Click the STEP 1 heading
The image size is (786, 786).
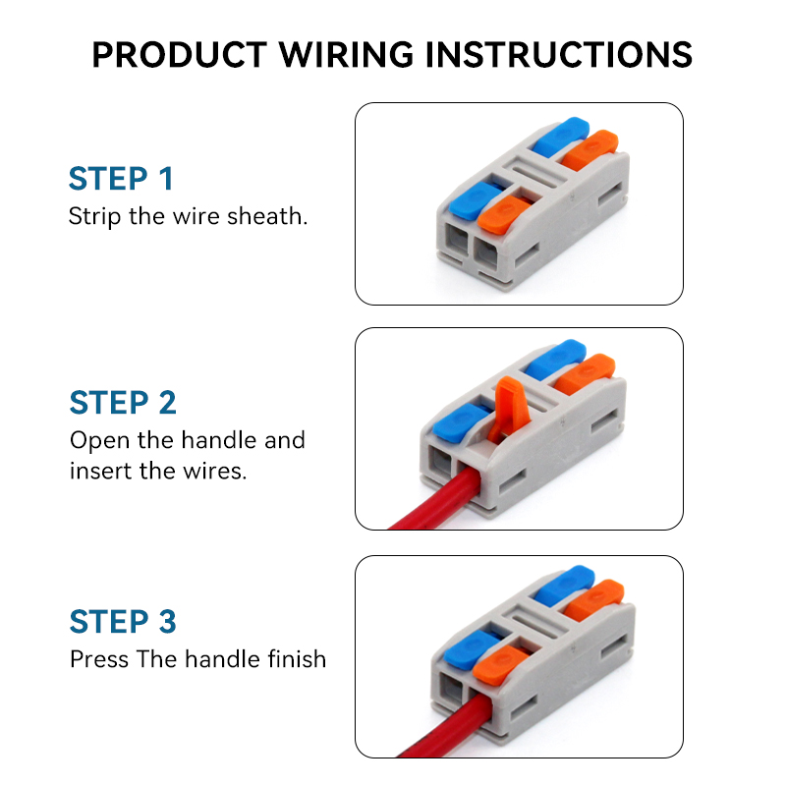(x=121, y=179)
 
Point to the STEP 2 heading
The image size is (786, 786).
(x=123, y=403)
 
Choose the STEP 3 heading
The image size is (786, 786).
(x=123, y=622)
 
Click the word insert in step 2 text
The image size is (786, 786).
(x=96, y=471)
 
